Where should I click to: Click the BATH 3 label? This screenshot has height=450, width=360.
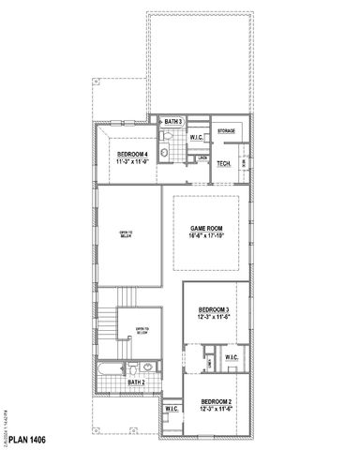[x=172, y=123]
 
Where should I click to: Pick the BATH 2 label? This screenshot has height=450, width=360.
[x=137, y=382]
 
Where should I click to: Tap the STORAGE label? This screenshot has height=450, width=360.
[x=226, y=131]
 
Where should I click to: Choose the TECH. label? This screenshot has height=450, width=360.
[x=224, y=163]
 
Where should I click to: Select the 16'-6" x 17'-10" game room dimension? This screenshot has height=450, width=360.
[x=205, y=237]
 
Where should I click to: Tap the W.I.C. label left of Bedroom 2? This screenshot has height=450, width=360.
[x=172, y=409]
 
